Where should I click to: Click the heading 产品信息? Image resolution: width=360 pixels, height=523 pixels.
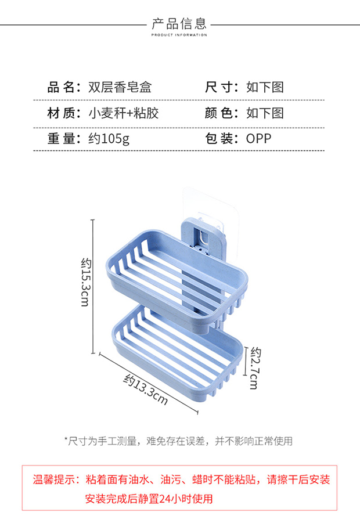179,23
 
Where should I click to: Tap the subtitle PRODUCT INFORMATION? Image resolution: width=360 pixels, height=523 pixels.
179,35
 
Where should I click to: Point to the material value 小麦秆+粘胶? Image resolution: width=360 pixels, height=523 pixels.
123,113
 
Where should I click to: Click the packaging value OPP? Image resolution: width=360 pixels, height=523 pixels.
258,138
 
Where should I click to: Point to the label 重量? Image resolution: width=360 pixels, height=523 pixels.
63,138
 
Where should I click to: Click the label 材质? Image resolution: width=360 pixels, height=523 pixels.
63,113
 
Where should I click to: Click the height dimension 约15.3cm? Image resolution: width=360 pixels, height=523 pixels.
85,283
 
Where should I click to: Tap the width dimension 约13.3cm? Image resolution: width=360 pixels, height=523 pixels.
146,389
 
